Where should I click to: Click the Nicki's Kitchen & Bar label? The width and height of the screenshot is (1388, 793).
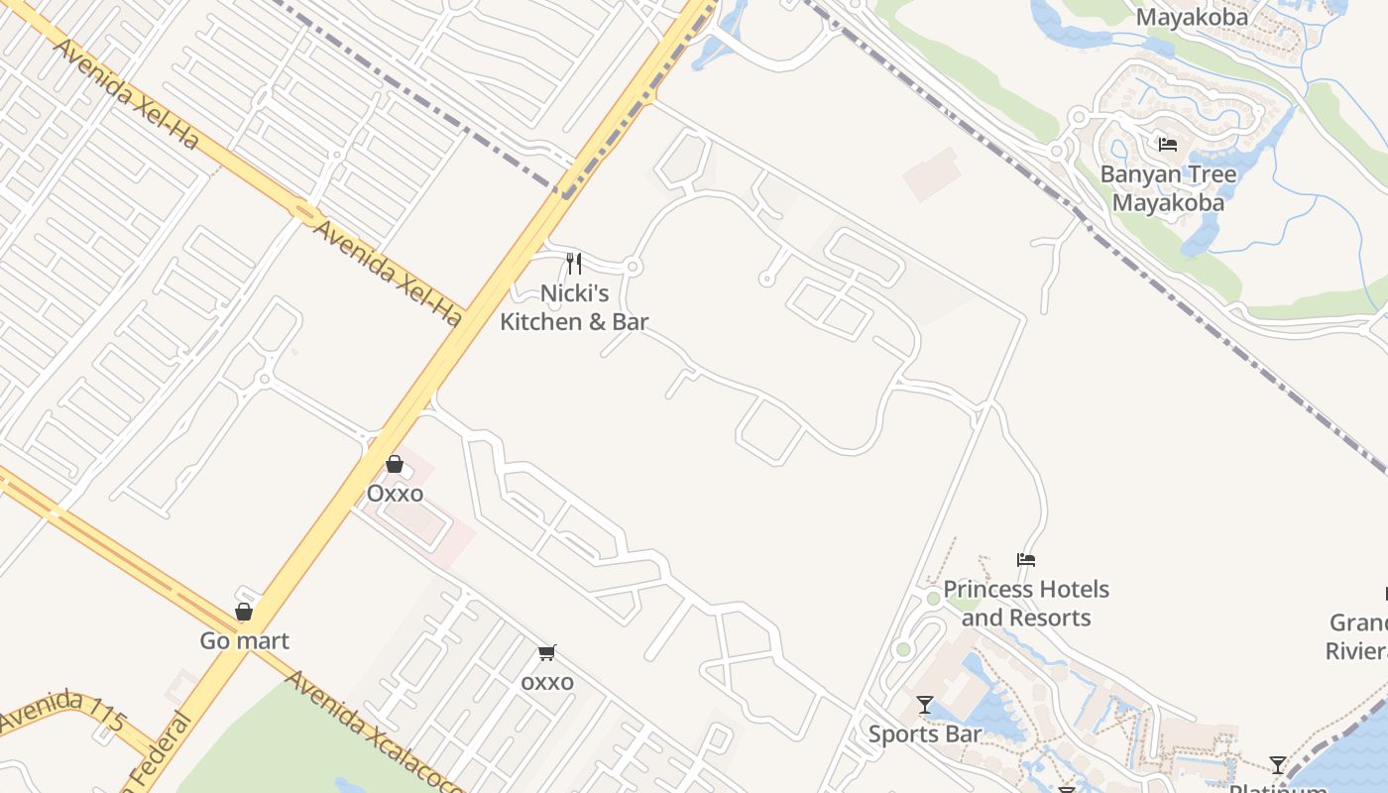coord(574,307)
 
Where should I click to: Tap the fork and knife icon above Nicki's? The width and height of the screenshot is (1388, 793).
coord(574,264)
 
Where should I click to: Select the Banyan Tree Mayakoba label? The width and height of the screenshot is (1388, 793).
coord(1168,188)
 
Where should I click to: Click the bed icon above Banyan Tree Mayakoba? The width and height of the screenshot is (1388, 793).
coord(1168,145)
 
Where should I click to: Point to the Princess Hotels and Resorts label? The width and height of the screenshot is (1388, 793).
coord(1026,604)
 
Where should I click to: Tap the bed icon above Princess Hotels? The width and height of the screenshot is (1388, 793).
coord(1026,560)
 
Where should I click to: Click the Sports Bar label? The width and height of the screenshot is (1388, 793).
coord(925,735)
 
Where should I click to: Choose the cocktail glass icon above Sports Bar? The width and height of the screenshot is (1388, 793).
coord(925,705)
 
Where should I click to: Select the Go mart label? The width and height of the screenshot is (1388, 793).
coord(245,641)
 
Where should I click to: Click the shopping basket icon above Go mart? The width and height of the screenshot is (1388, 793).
coord(244,612)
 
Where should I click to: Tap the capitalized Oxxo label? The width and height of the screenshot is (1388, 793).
coord(395,494)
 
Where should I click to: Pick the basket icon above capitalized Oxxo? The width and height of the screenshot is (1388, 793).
coord(395,464)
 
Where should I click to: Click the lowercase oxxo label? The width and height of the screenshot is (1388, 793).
coord(547,682)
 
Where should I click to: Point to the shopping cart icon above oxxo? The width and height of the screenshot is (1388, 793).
coord(546,652)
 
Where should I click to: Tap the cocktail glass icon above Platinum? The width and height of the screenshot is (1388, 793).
coord(1278,765)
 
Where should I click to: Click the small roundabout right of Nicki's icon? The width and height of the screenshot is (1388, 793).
coord(634,267)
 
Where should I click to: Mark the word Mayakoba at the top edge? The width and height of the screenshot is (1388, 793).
coord(1191,17)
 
